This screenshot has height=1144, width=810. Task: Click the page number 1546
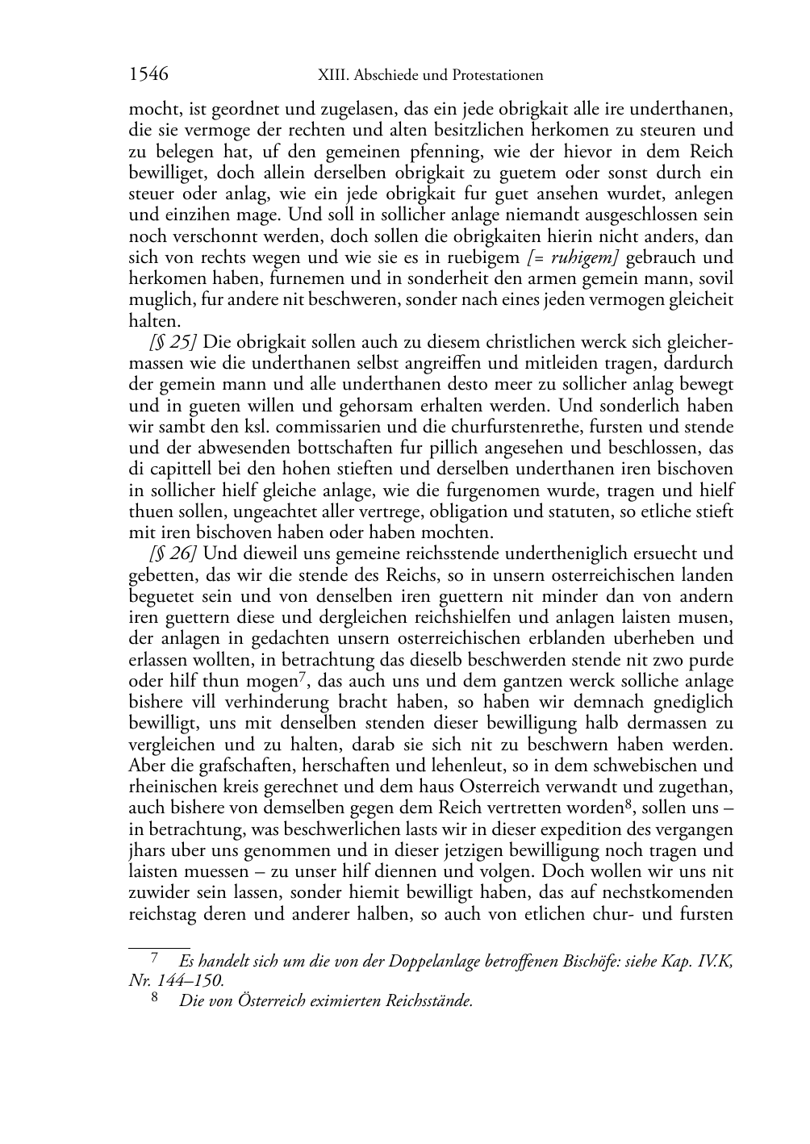pyautogui.click(x=148, y=74)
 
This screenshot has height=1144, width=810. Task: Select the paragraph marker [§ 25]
pyautogui.click(x=168, y=342)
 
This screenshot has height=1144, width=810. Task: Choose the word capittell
pyautogui.click(x=177, y=470)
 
